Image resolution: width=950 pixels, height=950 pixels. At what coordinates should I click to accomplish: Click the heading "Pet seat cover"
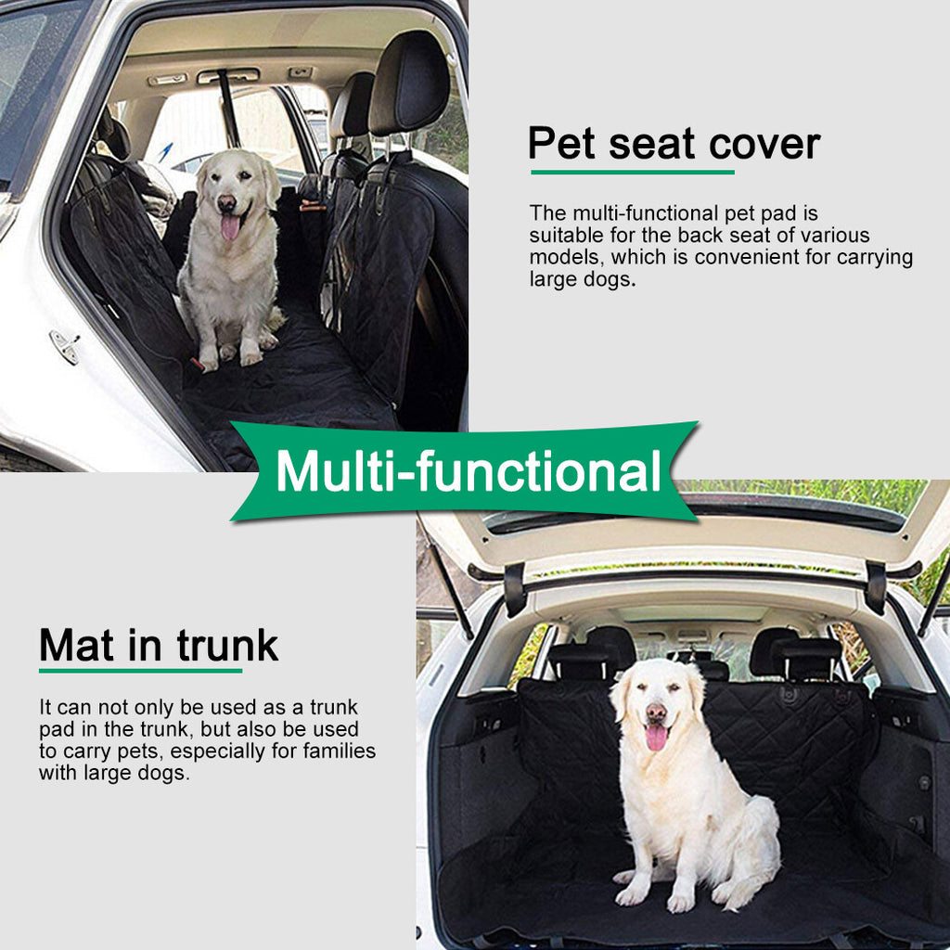(674, 145)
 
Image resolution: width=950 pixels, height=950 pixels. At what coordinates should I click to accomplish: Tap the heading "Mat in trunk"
(159, 645)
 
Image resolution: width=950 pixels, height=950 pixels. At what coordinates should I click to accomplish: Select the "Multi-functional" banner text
(468, 471)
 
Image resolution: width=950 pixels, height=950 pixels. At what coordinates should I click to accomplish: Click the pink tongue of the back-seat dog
(229, 226)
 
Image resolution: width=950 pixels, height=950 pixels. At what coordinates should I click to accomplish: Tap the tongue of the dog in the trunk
(656, 738)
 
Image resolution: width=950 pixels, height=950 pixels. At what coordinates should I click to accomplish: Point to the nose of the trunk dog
(655, 712)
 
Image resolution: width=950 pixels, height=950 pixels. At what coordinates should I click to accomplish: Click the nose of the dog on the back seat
(226, 201)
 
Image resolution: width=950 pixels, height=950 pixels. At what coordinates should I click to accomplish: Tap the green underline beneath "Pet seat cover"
(632, 172)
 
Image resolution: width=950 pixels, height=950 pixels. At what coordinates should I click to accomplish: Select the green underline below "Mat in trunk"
(140, 670)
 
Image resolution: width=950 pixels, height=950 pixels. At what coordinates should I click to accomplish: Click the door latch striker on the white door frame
(65, 347)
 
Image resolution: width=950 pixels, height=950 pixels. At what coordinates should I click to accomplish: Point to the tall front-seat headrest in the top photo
(408, 83)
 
